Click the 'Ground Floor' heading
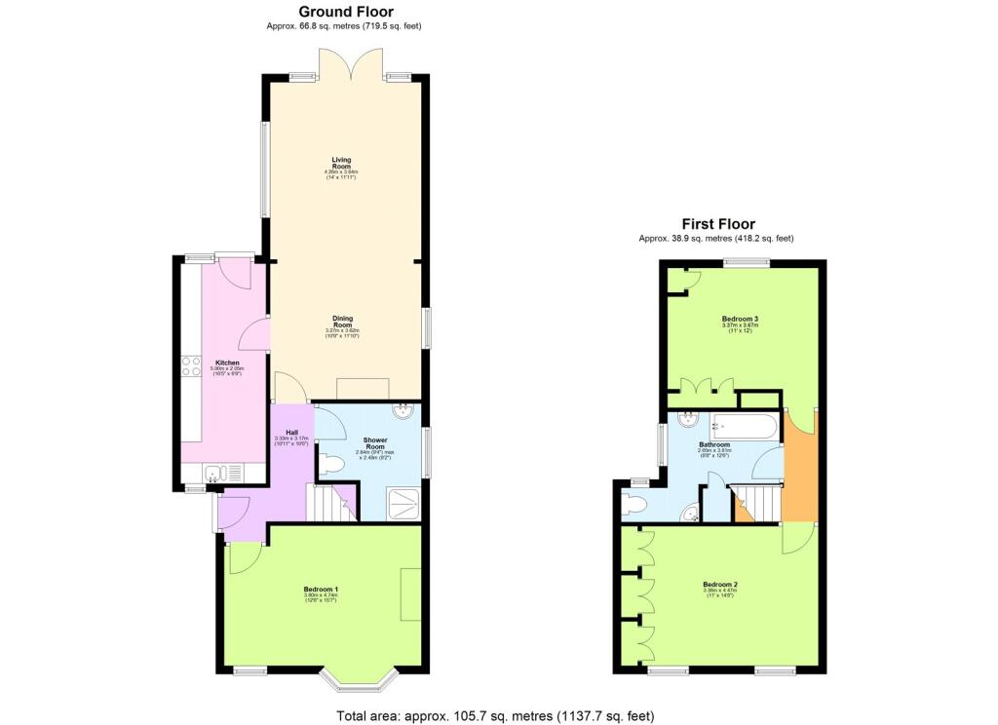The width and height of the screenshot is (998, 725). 346,12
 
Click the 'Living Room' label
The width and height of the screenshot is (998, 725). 341,162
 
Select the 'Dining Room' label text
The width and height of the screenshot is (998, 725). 342,321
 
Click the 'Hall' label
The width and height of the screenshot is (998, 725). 291,433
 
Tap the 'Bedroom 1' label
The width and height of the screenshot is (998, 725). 321,589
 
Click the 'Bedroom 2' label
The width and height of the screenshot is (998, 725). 720,585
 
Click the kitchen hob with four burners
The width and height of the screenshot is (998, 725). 190,366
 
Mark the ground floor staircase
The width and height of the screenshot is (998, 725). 328,503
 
